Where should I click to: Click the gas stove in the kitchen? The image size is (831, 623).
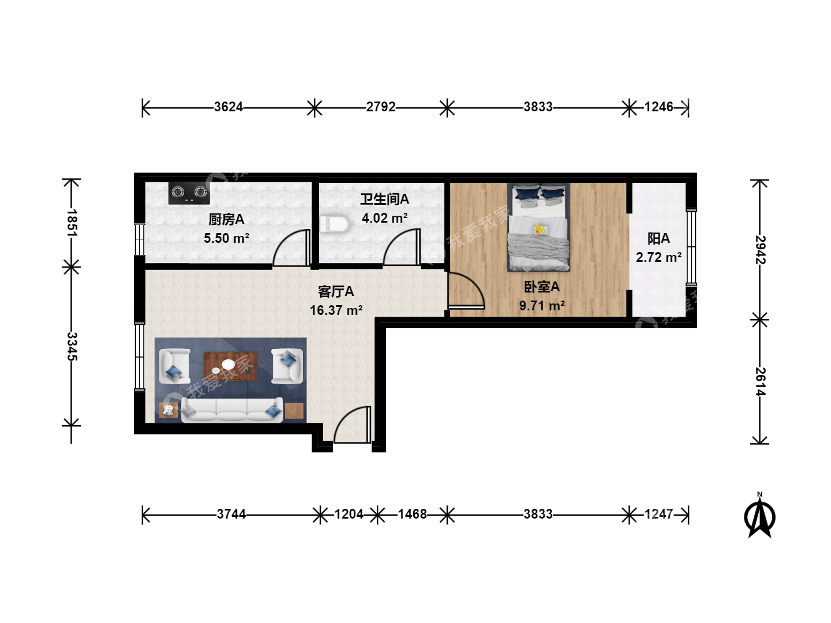coord(189,193)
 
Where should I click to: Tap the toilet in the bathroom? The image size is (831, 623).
coord(334,224)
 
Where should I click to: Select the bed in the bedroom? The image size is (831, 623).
coord(539,227)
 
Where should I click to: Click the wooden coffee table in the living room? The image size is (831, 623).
coord(230,366)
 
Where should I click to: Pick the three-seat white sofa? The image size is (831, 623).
coord(231,410)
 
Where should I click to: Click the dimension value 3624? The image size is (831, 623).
coord(229,107)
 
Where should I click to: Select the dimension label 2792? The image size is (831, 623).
coord(381,107)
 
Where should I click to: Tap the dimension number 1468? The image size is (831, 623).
coord(412,514)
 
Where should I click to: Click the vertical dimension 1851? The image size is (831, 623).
coord(72,223)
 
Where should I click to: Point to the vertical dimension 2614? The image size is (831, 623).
coord(761,382)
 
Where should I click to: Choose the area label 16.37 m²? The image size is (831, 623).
coord(336,310)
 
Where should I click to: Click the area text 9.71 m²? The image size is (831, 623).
coord(542,306)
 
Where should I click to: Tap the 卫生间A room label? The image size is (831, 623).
coord(385,200)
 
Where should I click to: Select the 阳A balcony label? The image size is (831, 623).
coord(659,239)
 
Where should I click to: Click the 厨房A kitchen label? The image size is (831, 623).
coord(226,219)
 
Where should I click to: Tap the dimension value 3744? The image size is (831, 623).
coord(231,514)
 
